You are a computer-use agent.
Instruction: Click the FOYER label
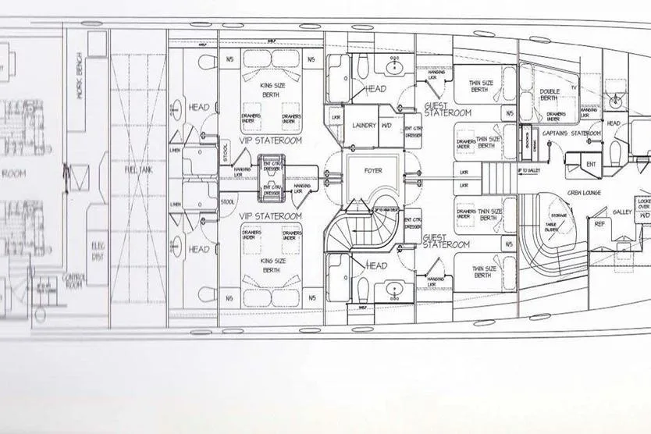[x=374, y=170]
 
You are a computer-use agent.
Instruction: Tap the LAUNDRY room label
[x=365, y=125]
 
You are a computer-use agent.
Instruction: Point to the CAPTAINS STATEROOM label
[x=572, y=133]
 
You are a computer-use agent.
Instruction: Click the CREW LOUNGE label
[x=585, y=192]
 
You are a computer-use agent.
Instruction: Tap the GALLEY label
[x=622, y=212]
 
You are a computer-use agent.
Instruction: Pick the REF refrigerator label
[x=599, y=224]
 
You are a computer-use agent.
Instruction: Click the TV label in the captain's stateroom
[x=574, y=87]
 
